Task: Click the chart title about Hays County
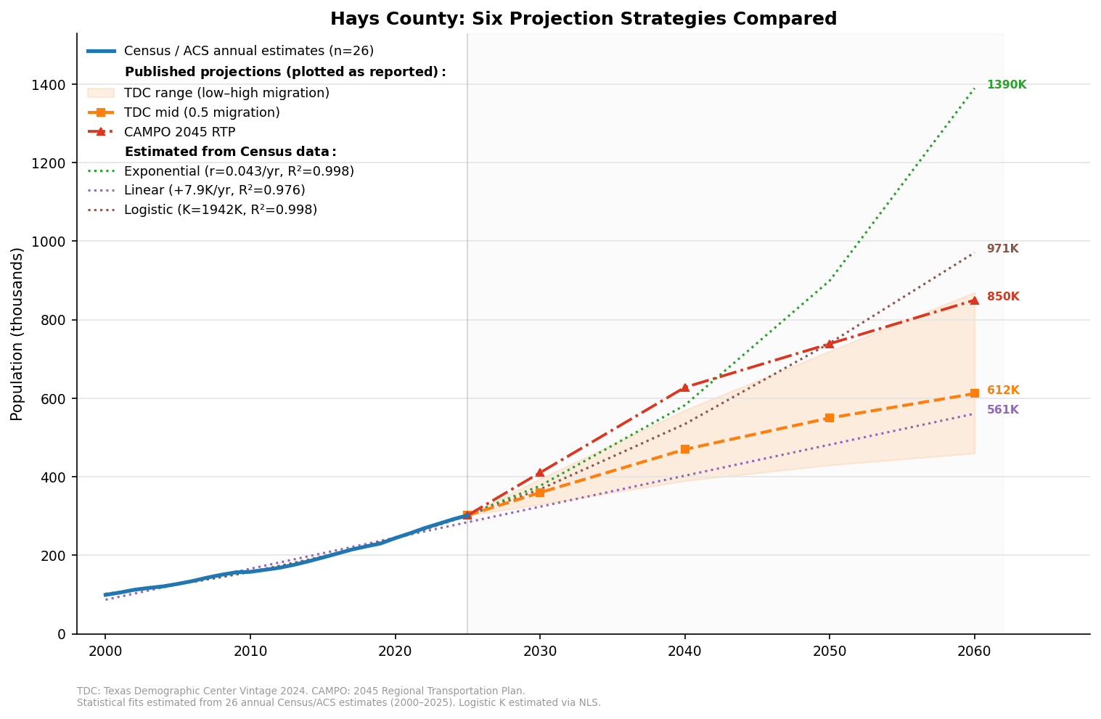pyautogui.click(x=583, y=19)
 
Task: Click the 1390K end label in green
pyautogui.click(x=1006, y=85)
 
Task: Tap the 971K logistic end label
pyautogui.click(x=1002, y=249)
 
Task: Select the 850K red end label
pyautogui.click(x=1002, y=297)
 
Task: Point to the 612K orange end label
pyautogui.click(x=1002, y=390)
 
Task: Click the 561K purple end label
pyautogui.click(x=1002, y=410)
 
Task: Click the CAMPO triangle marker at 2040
pyautogui.click(x=684, y=387)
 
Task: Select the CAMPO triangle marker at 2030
pyautogui.click(x=539, y=472)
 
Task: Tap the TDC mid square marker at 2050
pyautogui.click(x=829, y=418)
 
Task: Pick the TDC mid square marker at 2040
pyautogui.click(x=684, y=449)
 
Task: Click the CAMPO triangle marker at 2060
pyautogui.click(x=974, y=300)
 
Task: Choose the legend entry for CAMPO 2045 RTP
pyautogui.click(x=179, y=132)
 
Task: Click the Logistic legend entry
pyautogui.click(x=220, y=210)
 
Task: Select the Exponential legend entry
pyautogui.click(x=239, y=171)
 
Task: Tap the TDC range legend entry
pyautogui.click(x=226, y=93)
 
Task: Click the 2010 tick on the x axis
pyautogui.click(x=250, y=651)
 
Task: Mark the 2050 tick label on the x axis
pyautogui.click(x=829, y=651)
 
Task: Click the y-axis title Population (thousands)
pyautogui.click(x=17, y=334)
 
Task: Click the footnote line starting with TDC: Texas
pyautogui.click(x=300, y=691)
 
